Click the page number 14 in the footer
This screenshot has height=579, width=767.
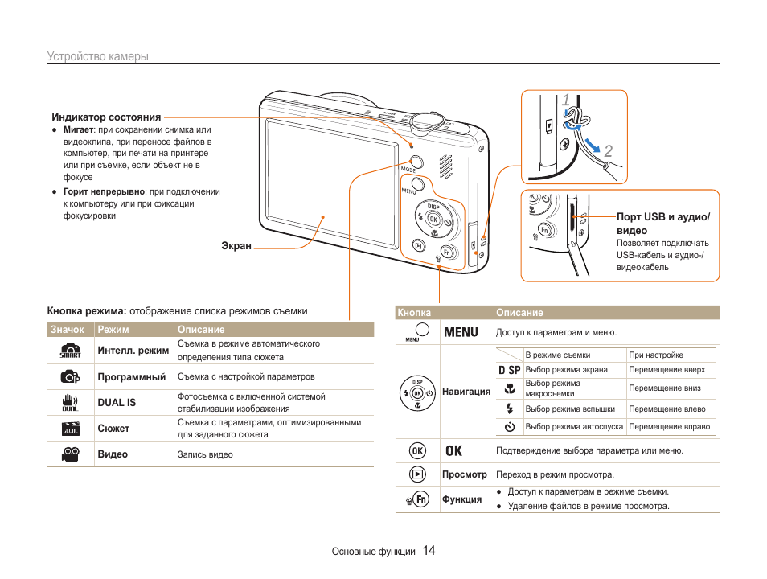coord(429,551)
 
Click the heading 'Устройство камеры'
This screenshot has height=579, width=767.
coord(97,56)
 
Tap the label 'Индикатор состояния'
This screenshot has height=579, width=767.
coord(106,117)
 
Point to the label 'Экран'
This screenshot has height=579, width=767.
coord(236,246)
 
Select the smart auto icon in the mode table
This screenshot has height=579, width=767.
coord(70,351)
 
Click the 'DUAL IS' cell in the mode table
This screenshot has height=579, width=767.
coord(117,402)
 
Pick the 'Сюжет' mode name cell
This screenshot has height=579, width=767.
coord(113,429)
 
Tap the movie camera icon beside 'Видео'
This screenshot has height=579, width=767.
coord(70,454)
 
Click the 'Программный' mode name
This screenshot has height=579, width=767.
coord(131,376)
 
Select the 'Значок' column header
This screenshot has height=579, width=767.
coord(68,330)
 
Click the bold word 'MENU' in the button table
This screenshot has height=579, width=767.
coord(461,332)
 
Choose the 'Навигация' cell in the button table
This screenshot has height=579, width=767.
coord(466,392)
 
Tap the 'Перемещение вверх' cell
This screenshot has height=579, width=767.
coord(667,370)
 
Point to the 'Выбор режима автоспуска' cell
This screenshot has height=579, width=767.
coord(574,427)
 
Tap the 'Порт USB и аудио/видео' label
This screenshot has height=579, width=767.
coord(662,224)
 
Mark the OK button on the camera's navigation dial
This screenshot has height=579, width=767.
coord(433,219)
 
